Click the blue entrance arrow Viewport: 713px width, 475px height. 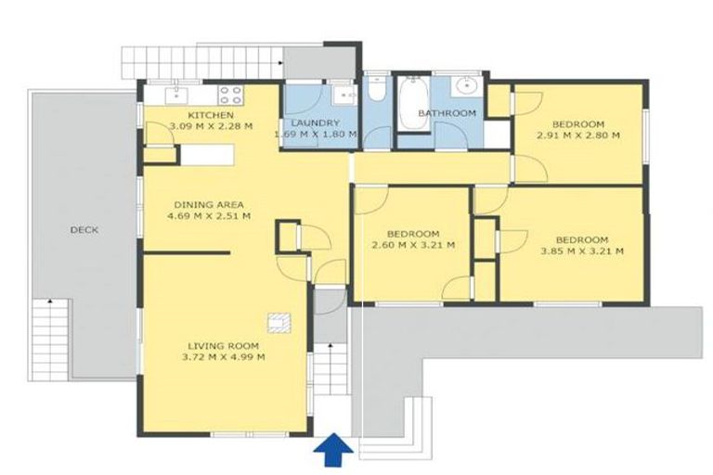pos(333,449)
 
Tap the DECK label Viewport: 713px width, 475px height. pos(84,230)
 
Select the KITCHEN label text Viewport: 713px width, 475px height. pos(211,115)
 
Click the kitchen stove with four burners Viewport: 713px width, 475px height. pos(230,96)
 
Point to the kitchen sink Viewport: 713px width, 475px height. pos(176,96)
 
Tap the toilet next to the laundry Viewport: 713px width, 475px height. pos(377,89)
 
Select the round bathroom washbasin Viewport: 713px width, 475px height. pos(465,85)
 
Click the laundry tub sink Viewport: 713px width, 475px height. pos(344,95)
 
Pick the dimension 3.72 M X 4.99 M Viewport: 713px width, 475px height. pos(223,357)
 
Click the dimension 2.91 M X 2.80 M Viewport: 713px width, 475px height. pos(578,135)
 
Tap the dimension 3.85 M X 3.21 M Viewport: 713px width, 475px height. pos(582,250)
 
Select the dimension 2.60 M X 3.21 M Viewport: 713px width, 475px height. pos(413,246)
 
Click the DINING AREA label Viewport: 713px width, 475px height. pos(209,205)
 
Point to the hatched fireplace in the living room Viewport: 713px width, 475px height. pos(279,323)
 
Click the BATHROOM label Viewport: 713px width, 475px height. pos(447,113)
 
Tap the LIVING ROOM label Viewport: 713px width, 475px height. pos(223,346)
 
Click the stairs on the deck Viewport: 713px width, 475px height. pos(50,340)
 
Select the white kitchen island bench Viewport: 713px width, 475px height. pos(207,155)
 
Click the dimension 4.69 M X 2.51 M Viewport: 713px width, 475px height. pos(209,216)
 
